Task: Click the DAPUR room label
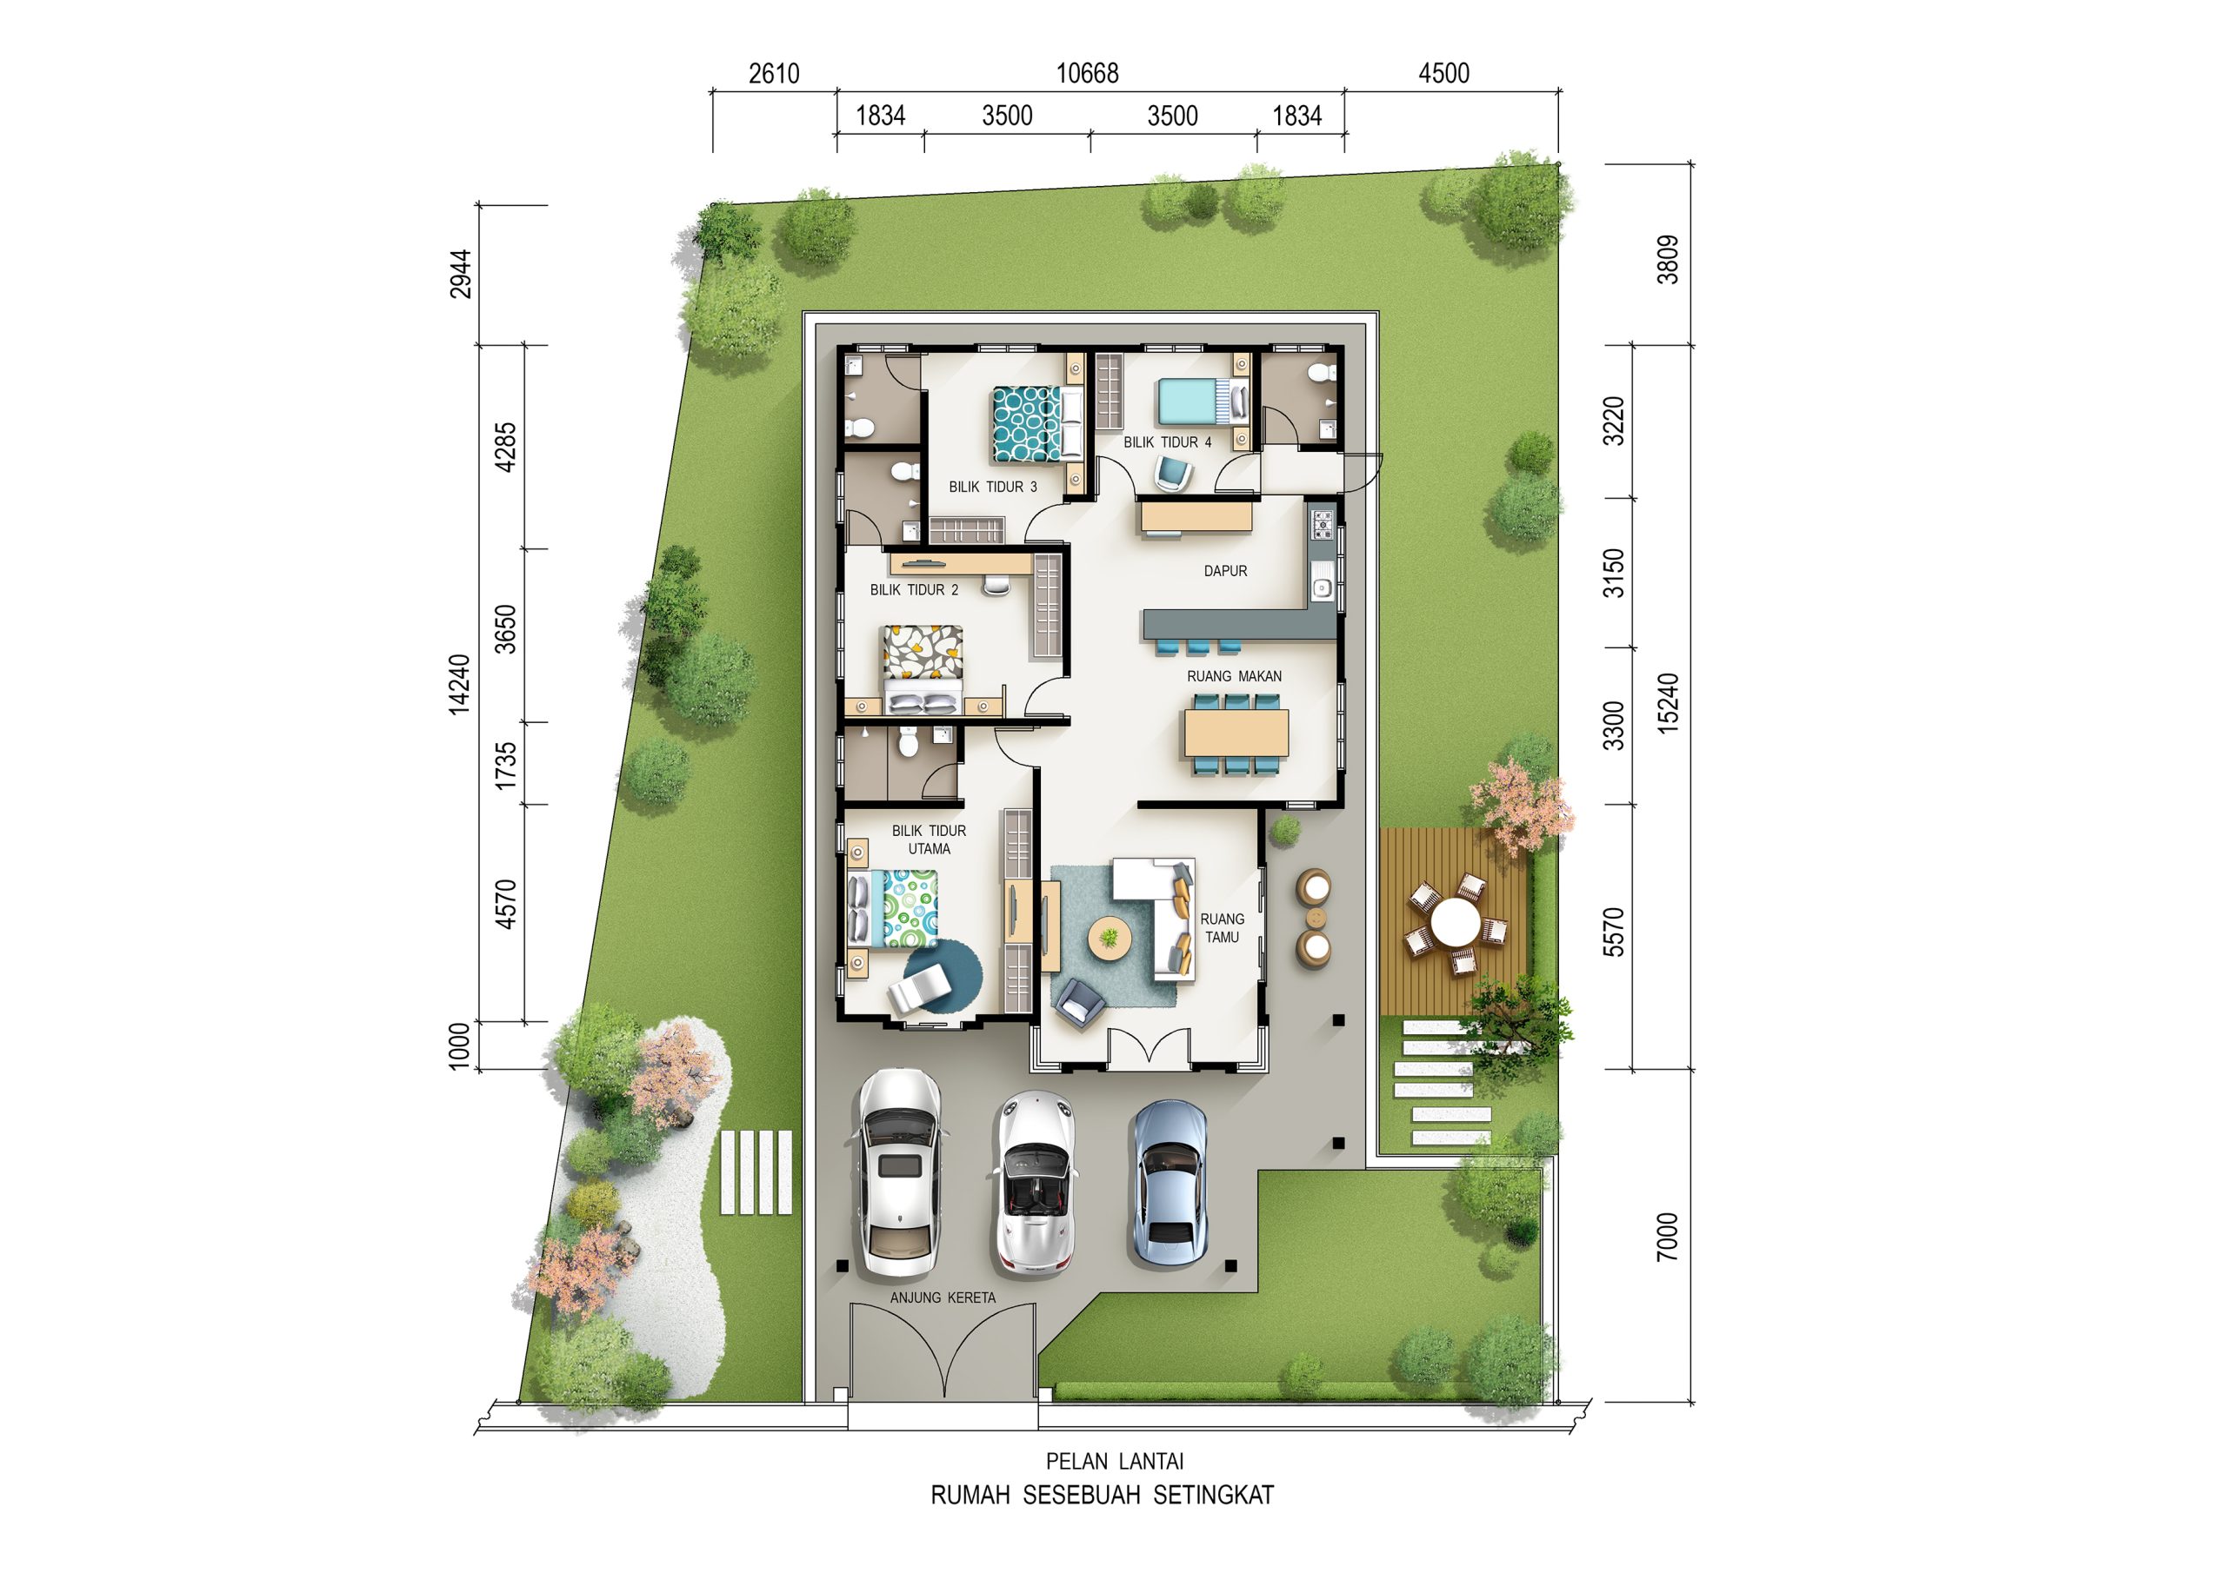(x=1225, y=572)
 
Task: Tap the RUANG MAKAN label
(x=1234, y=676)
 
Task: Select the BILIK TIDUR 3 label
(x=993, y=487)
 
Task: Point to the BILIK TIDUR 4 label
(x=1167, y=442)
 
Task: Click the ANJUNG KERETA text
(x=943, y=1298)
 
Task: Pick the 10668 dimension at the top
(x=1087, y=74)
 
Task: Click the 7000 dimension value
(x=1667, y=1237)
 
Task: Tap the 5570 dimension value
(x=1613, y=932)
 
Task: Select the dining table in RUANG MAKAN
(x=1236, y=733)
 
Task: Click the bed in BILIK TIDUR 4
(x=1200, y=402)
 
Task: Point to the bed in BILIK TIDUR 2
(x=922, y=669)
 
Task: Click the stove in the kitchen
(x=1323, y=523)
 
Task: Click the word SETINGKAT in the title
(x=1213, y=1496)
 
